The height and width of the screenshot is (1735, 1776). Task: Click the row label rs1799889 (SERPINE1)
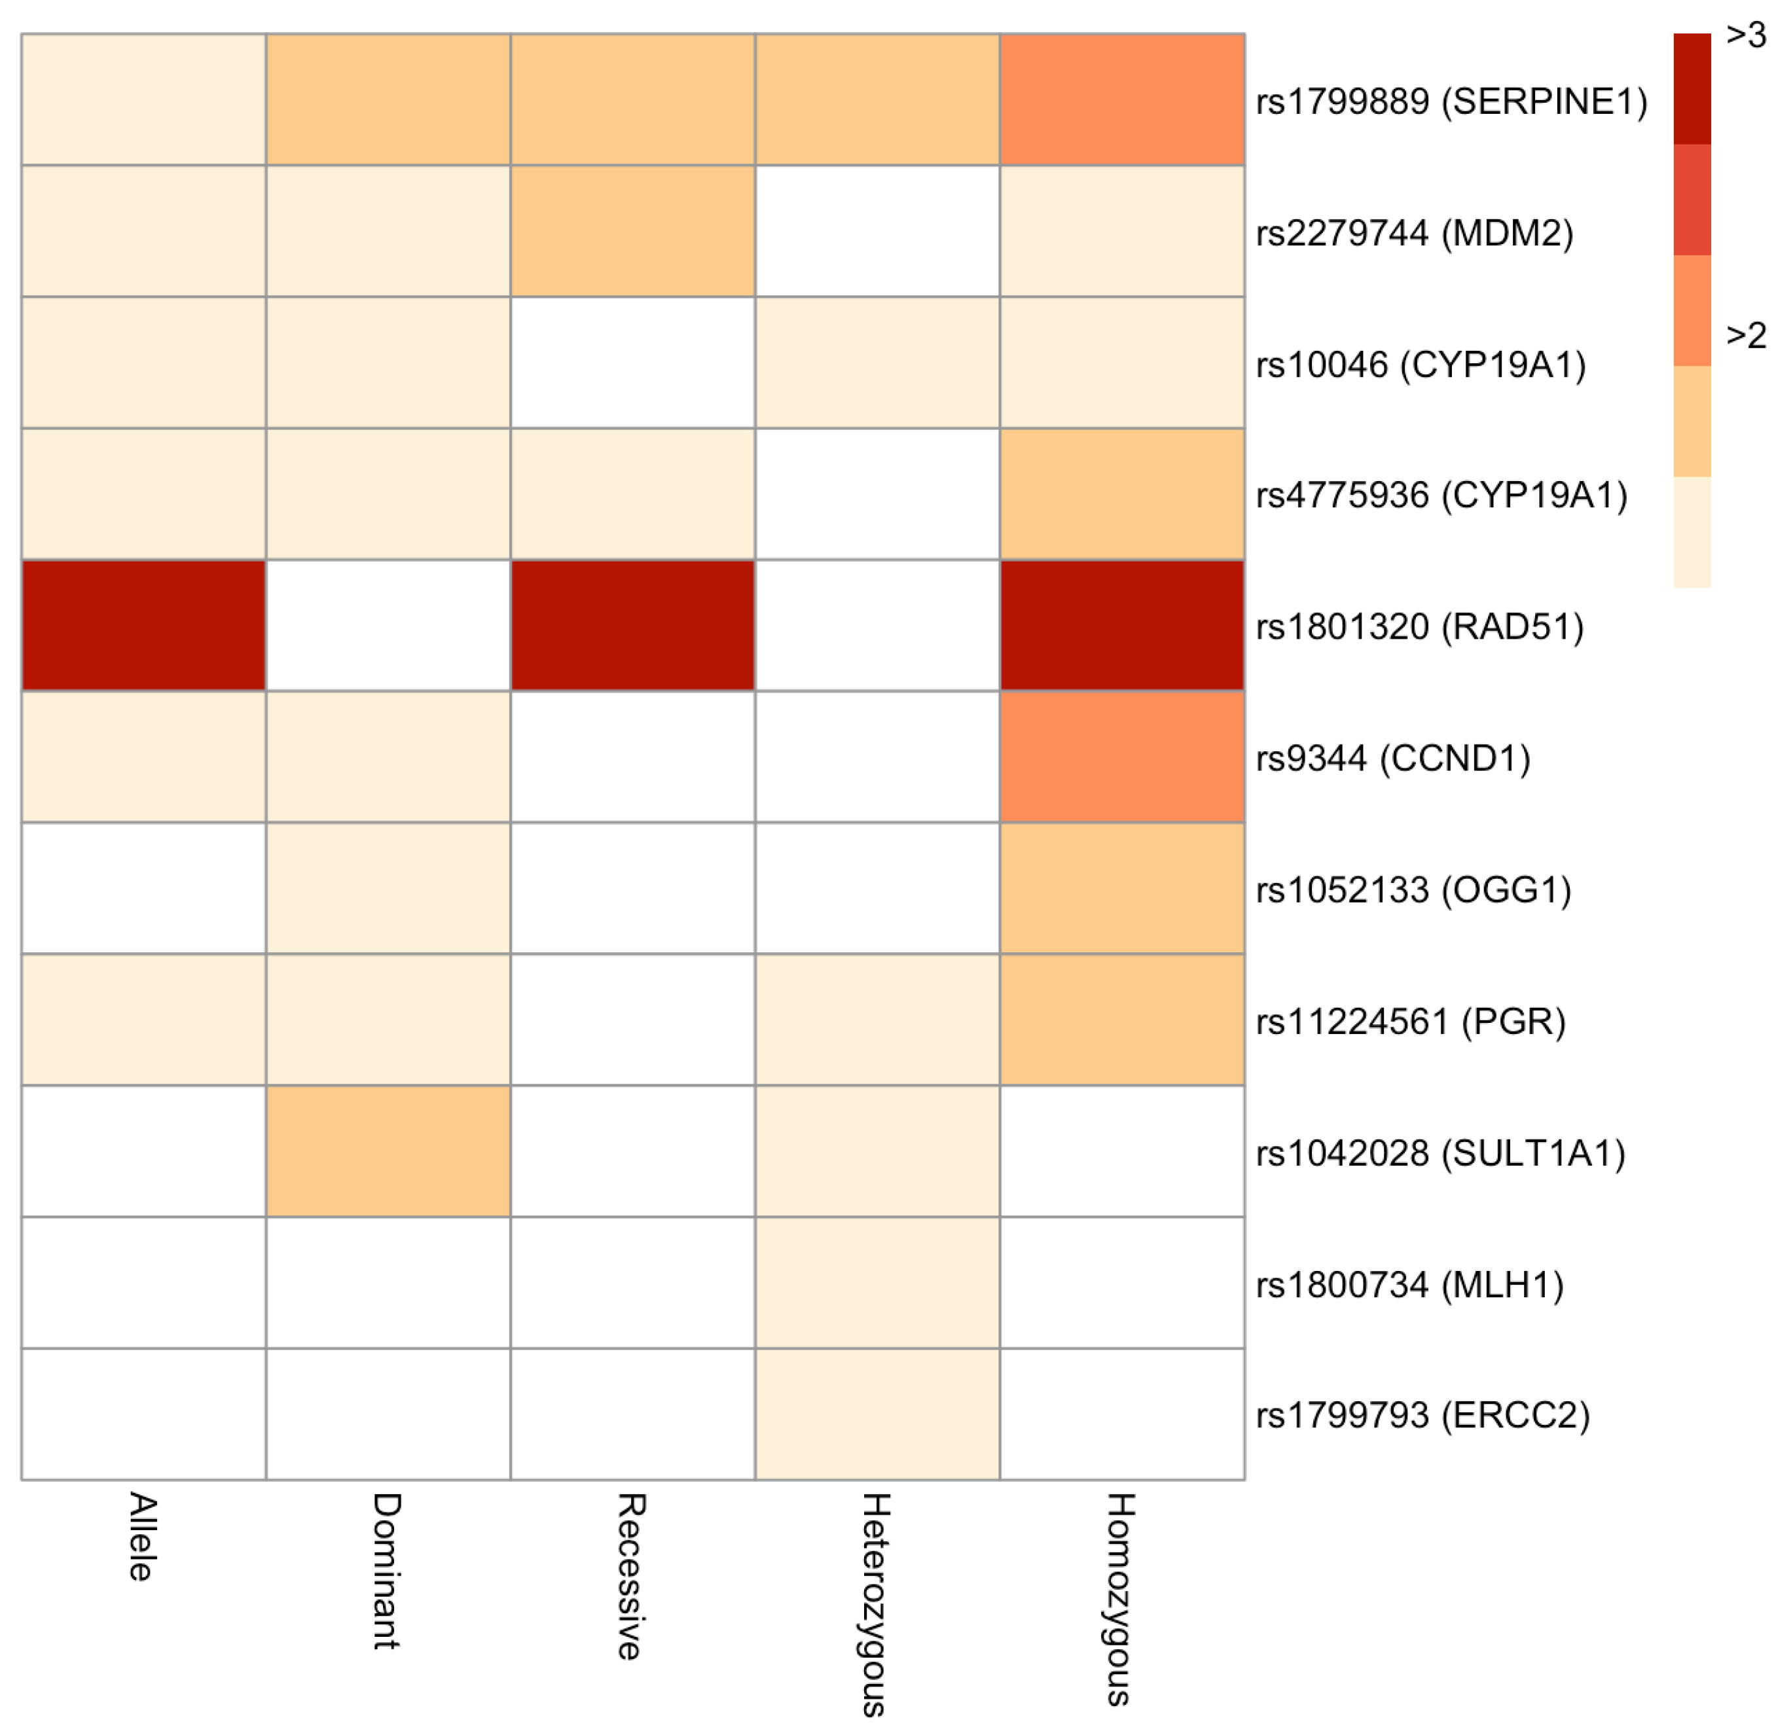1451,101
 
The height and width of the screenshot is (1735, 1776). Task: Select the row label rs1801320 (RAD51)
1419,627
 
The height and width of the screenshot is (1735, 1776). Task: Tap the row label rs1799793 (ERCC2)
1423,1415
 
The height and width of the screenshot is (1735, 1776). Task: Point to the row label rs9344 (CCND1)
1392,758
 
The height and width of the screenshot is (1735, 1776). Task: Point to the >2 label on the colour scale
1745,335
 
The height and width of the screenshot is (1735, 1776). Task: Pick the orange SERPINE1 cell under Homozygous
1122,100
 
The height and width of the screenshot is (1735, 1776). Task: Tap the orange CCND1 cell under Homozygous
1122,757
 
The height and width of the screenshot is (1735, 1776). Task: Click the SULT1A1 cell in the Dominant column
388,1151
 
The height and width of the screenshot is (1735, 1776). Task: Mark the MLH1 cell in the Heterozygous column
877,1282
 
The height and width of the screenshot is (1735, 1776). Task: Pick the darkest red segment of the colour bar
1692,88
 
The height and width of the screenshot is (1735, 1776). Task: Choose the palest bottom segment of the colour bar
1692,531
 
